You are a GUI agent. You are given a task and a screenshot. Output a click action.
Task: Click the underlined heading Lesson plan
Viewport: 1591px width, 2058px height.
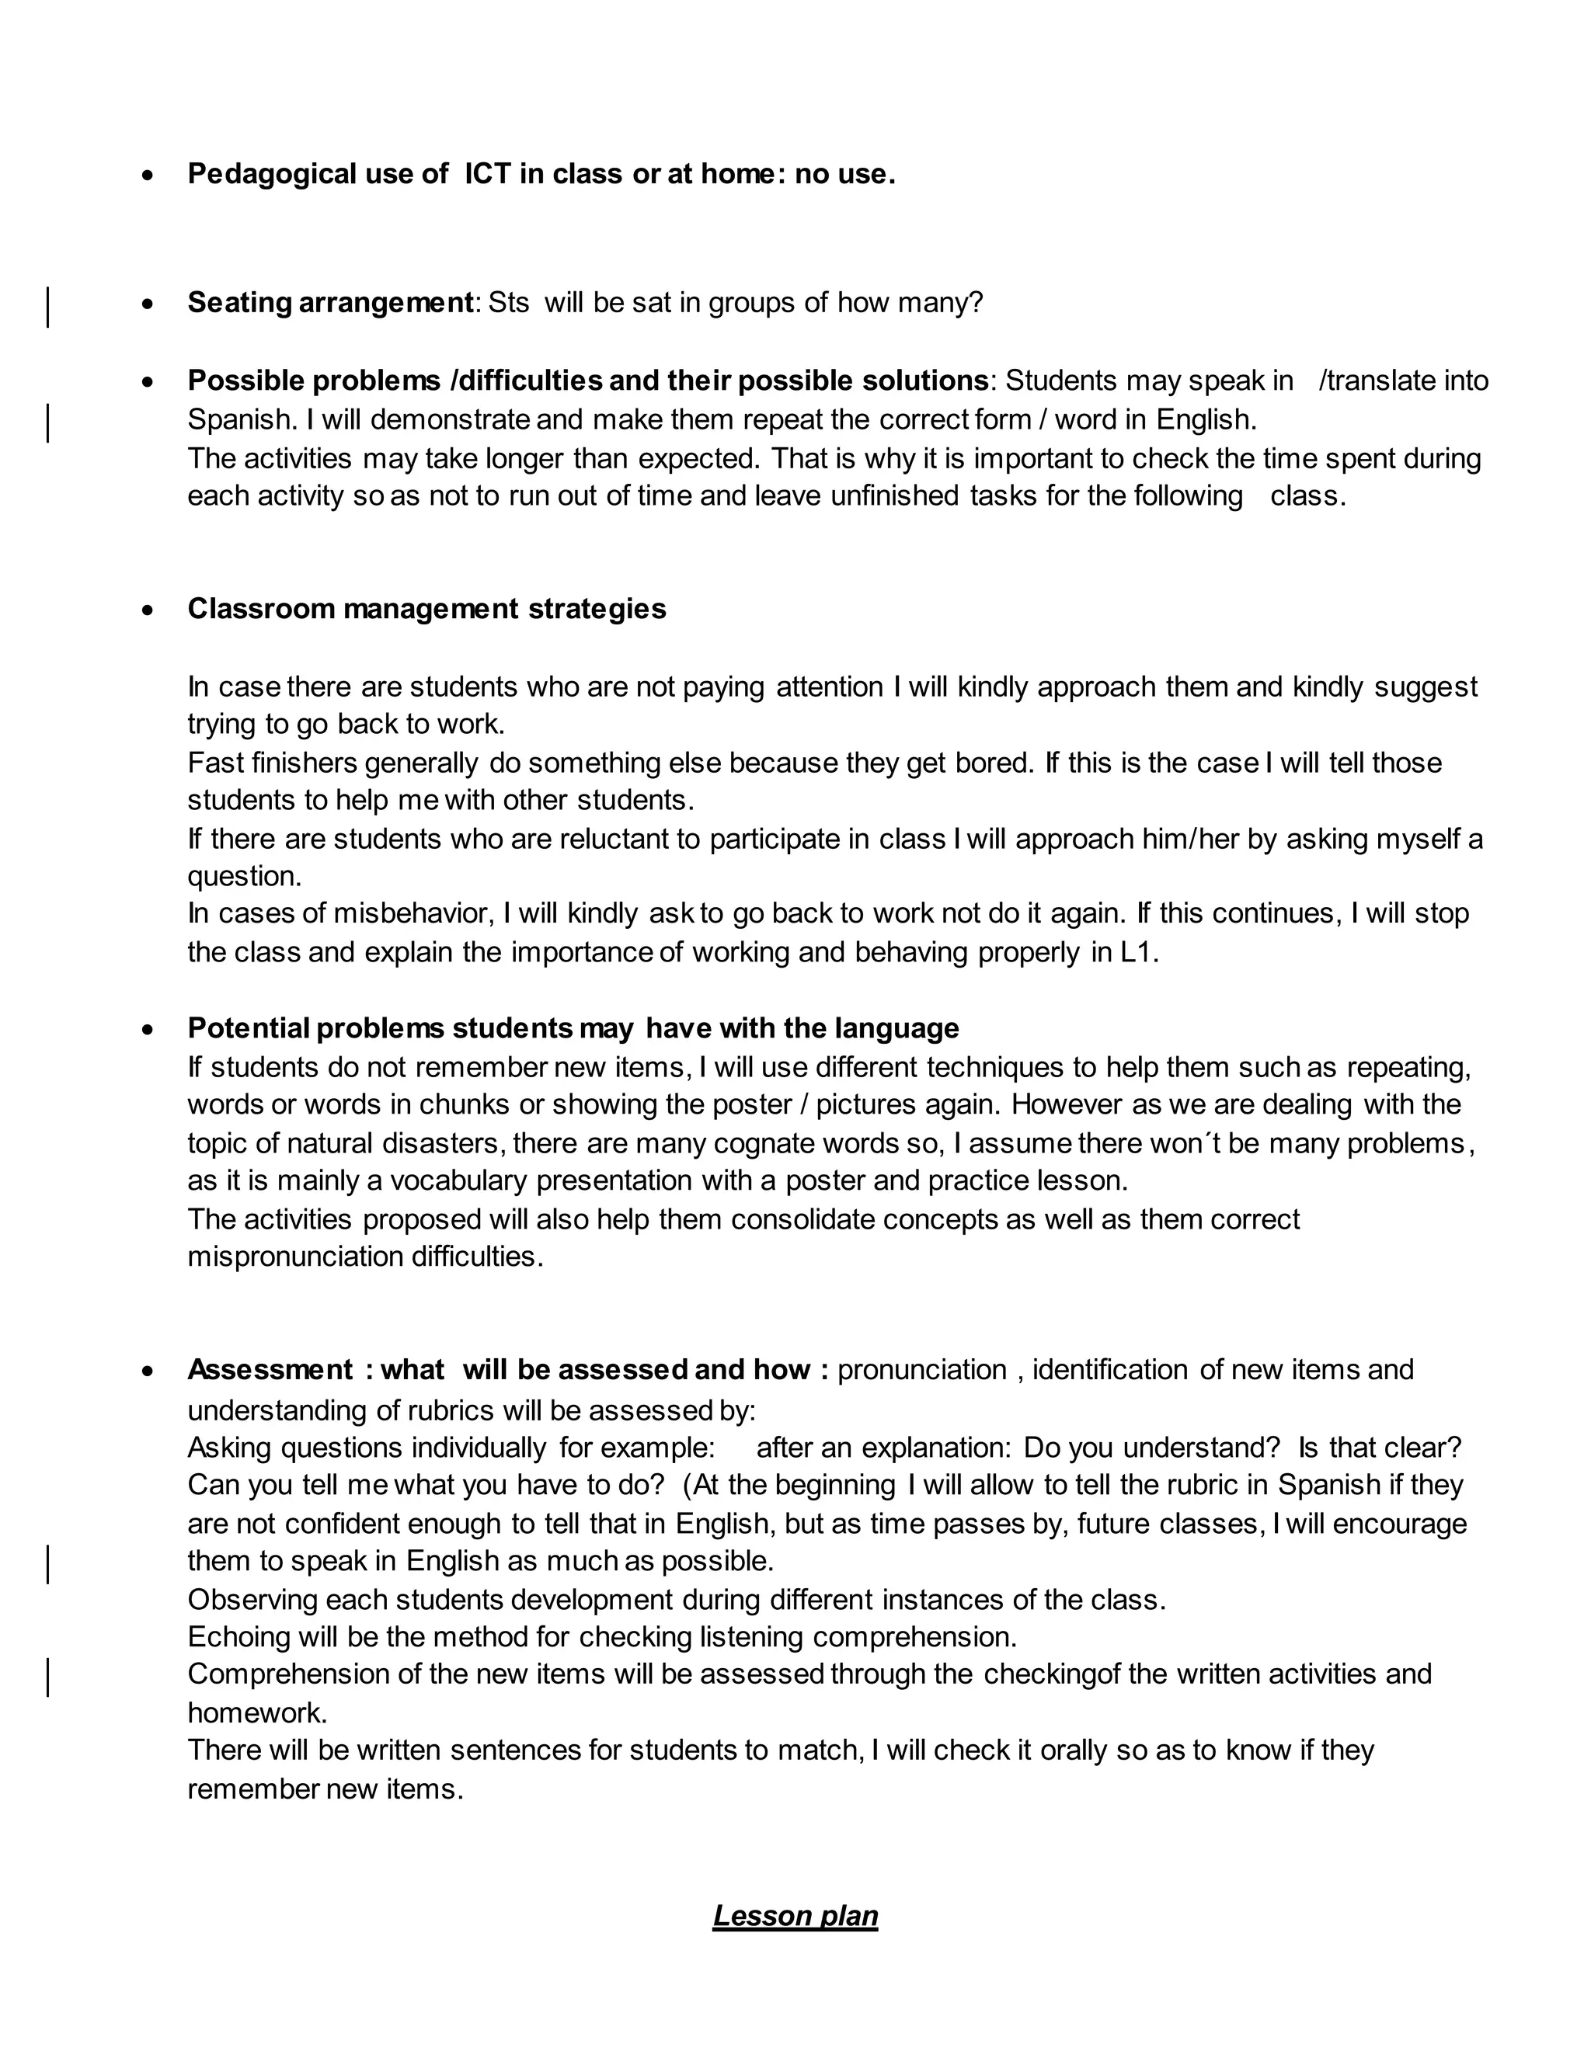(x=795, y=1916)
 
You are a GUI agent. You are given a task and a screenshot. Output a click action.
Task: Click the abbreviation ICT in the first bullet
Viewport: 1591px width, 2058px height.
(x=487, y=174)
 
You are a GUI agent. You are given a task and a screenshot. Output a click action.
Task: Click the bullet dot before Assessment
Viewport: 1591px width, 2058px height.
(x=148, y=1371)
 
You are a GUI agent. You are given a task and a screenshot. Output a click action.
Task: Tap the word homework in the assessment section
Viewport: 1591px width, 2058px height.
(x=256, y=1712)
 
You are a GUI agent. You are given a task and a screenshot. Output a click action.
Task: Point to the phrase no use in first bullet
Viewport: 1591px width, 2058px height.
(x=841, y=174)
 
